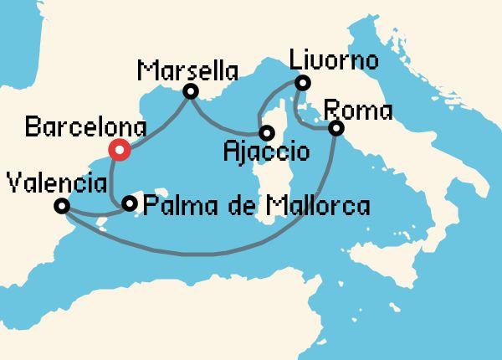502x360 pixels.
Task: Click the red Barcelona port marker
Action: point(120,150)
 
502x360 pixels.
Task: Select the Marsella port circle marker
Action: point(191,91)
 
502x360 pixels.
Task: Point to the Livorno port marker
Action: point(302,82)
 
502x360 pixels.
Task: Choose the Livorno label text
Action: point(333,61)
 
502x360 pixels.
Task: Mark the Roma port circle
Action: point(336,128)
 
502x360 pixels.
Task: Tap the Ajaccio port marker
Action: point(266,132)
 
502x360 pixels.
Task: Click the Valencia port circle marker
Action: point(61,206)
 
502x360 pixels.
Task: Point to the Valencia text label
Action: point(55,183)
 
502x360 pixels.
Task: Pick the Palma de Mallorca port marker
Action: point(129,203)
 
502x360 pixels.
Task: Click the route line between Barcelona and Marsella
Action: point(159,122)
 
